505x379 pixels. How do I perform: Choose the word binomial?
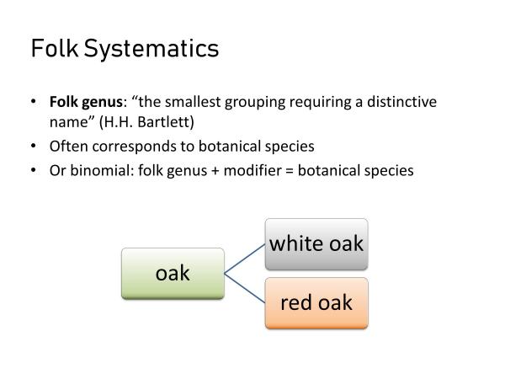click(x=97, y=169)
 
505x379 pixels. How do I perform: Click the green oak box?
click(x=173, y=273)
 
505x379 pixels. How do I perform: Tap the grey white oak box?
click(x=316, y=244)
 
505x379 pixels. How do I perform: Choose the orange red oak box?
click(x=316, y=302)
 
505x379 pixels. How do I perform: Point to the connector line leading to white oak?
click(x=245, y=259)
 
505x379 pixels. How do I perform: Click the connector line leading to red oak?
click(x=245, y=287)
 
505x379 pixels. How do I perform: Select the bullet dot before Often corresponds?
click(x=33, y=146)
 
